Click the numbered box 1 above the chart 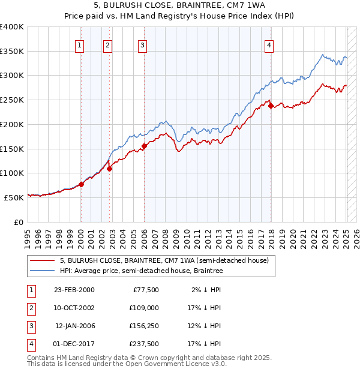click(x=80, y=44)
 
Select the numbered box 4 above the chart click(x=270, y=44)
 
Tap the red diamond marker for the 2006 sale click(x=144, y=146)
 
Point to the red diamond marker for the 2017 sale click(x=271, y=106)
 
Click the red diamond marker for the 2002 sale click(x=110, y=169)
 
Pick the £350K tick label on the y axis click(x=12, y=52)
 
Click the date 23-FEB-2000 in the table click(x=74, y=290)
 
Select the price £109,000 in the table click(x=144, y=308)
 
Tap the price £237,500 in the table click(x=144, y=344)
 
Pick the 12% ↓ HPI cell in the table click(x=205, y=326)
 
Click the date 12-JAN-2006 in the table click(x=74, y=326)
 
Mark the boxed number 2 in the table click(x=30, y=308)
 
